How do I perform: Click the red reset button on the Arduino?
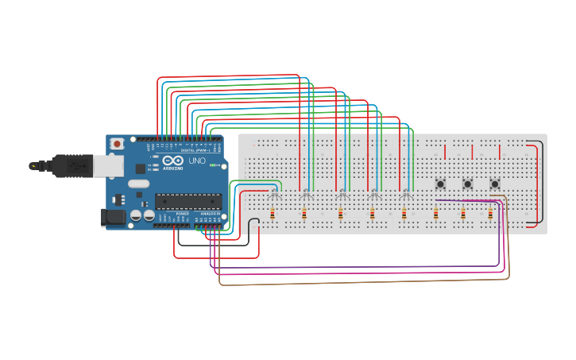(x=117, y=144)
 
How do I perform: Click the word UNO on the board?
(x=196, y=161)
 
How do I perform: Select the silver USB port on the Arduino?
(x=108, y=165)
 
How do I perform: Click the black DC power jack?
(x=112, y=216)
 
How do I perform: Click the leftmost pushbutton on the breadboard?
(x=440, y=184)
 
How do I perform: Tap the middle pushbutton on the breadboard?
(x=467, y=184)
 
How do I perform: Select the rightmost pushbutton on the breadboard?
(x=494, y=184)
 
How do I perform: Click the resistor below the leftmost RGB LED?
(x=273, y=213)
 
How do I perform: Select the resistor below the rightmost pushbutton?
(x=490, y=213)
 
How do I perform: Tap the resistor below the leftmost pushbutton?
(x=435, y=213)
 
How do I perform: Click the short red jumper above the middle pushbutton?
(x=472, y=152)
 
